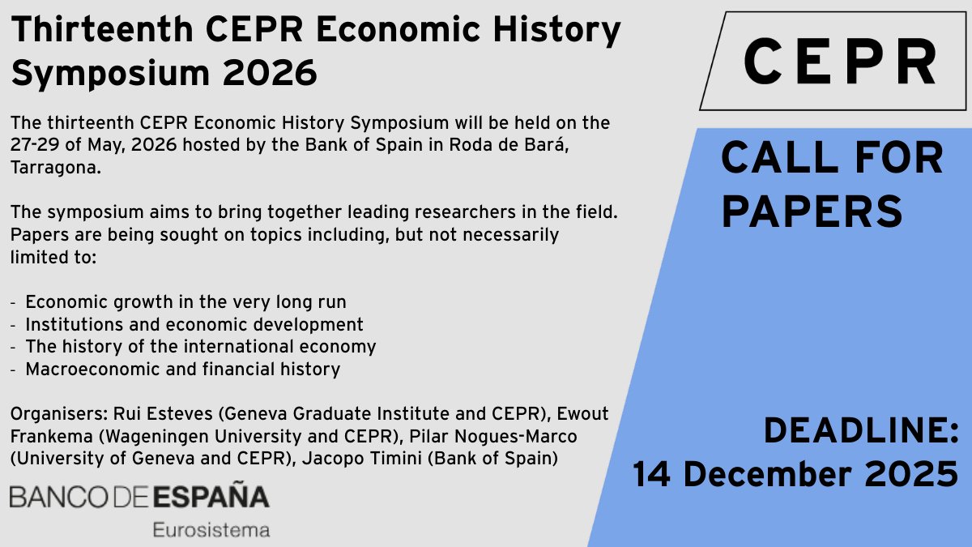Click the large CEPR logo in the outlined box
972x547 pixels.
tap(840, 63)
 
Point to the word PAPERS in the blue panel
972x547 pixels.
tap(811, 211)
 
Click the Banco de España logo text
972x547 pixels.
tap(139, 496)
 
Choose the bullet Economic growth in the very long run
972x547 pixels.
tap(185, 302)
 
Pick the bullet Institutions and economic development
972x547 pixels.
tap(194, 325)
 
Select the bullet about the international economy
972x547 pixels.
tap(201, 347)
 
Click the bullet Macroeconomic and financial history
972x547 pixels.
tap(182, 370)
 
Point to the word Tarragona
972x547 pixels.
tap(50, 167)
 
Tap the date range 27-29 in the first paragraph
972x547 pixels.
tap(33, 145)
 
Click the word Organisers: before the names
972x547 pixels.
tap(50, 414)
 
